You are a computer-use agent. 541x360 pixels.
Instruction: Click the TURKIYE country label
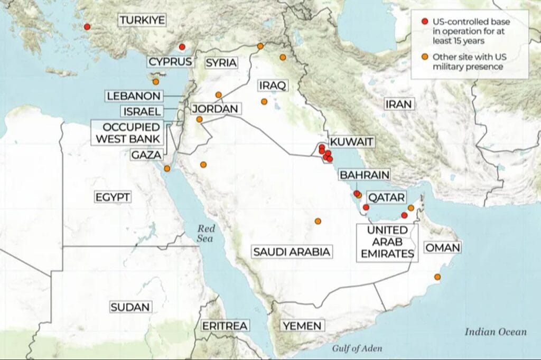click(x=142, y=21)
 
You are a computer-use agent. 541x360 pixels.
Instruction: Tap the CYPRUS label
click(x=170, y=62)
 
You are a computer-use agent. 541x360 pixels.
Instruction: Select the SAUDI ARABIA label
click(x=292, y=252)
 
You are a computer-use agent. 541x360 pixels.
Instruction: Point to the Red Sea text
click(x=204, y=233)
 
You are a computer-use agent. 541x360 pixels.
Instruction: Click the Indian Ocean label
click(x=496, y=331)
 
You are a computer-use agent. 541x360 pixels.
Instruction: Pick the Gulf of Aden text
click(x=357, y=348)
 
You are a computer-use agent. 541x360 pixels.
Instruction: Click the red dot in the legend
click(x=424, y=22)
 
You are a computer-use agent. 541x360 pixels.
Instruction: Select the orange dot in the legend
click(x=424, y=57)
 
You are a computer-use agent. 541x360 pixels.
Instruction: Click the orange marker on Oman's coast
click(x=437, y=277)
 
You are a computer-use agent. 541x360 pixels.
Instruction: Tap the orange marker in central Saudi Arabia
click(x=318, y=221)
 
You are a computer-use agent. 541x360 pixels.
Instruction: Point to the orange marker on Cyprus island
click(x=156, y=81)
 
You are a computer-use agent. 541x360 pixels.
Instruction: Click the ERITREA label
click(x=225, y=326)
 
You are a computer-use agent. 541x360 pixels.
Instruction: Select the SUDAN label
click(x=130, y=307)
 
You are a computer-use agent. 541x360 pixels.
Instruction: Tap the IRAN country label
click(x=398, y=104)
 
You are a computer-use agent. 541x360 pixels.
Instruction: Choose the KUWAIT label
click(x=351, y=141)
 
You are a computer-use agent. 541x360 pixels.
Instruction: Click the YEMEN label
click(x=302, y=326)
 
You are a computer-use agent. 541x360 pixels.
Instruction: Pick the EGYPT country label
click(x=113, y=197)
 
